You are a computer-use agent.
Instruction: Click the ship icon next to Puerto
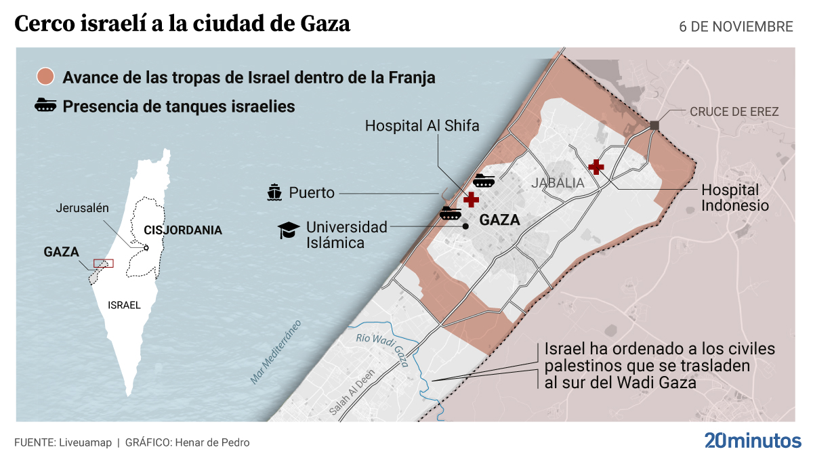274,193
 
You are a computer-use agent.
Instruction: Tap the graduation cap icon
289,230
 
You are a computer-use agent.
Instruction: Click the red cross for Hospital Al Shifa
470,199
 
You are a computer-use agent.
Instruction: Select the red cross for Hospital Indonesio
596,166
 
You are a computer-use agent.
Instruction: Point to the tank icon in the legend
45,106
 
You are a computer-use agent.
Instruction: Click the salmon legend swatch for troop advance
45,77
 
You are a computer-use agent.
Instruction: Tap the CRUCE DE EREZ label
734,112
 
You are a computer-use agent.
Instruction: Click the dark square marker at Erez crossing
654,125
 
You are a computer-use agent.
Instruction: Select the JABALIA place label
558,183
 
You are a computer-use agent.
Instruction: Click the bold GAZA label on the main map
499,220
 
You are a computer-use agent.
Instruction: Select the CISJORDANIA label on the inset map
183,230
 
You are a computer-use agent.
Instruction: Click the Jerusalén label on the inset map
82,208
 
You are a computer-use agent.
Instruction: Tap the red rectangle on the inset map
103,263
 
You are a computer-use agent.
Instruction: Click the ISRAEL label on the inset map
124,306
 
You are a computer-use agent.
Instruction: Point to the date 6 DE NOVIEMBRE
736,26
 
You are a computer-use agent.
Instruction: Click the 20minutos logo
752,440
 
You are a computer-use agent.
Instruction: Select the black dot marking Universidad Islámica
466,226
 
